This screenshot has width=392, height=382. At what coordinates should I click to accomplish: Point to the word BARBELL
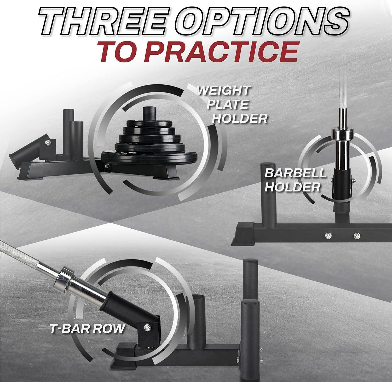[x=295, y=173]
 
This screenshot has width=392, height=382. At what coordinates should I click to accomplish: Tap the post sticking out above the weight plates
[x=149, y=115]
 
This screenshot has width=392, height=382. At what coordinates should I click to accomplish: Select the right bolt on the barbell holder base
[x=356, y=236]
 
